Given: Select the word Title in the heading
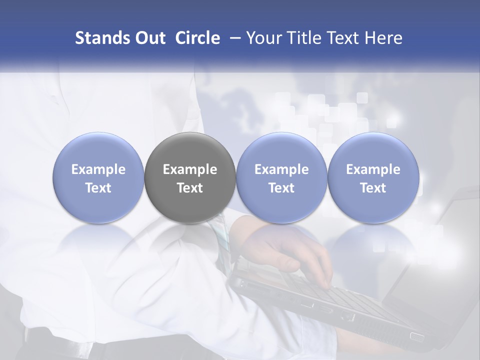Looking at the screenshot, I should pos(305,38).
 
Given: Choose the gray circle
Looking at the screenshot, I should pos(190,178).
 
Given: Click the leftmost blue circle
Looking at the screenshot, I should pos(98,178).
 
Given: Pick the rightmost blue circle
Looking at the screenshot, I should pos(373,178).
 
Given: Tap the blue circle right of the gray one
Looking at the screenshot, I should pos(281,178).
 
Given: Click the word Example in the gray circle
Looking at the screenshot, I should pos(190,169).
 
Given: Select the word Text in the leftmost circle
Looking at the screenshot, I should pos(98,188).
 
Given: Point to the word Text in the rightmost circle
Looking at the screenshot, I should pos(373,188).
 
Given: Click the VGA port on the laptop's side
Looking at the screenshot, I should pos(416,336).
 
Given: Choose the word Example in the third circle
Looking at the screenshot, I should pos(281,169).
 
